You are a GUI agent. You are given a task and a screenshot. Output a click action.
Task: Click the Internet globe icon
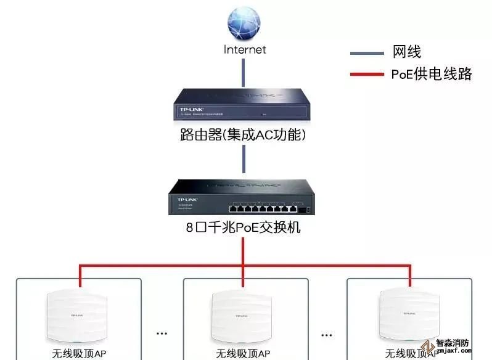coord(244,23)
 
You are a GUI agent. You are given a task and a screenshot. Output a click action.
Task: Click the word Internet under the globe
coord(245,49)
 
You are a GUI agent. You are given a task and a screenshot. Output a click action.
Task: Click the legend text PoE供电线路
coord(431,75)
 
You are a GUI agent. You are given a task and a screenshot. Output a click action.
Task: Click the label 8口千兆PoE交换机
coord(243,227)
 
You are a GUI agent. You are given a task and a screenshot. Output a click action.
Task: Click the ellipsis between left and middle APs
coord(162,333)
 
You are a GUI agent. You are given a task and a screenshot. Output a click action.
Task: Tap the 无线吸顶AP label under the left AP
coord(79,354)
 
